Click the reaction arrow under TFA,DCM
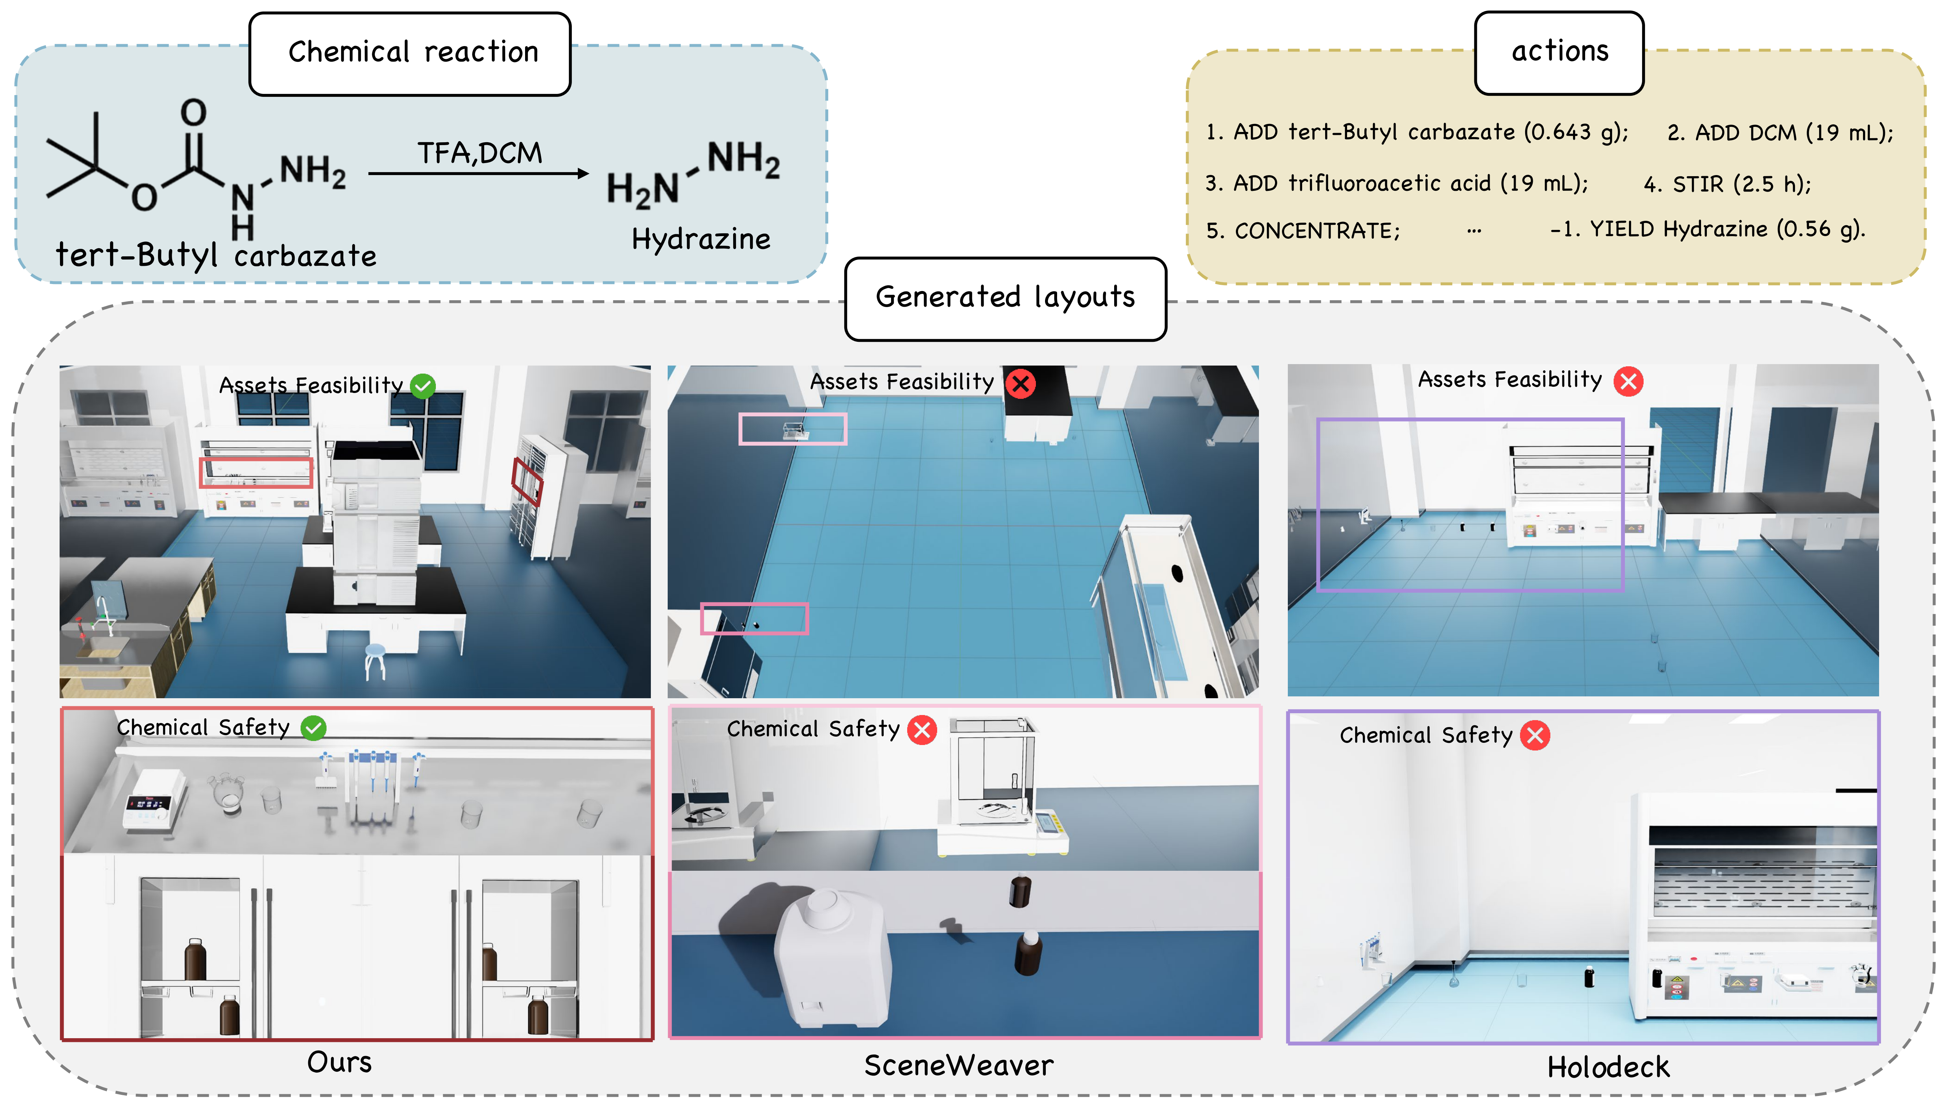(479, 174)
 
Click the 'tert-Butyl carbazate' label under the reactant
(216, 255)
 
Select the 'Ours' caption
(339, 1062)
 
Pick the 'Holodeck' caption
(1608, 1067)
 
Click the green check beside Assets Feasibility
(423, 386)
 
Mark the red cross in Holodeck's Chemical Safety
(1535, 735)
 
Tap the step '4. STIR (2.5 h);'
(1727, 184)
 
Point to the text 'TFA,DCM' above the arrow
(479, 153)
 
